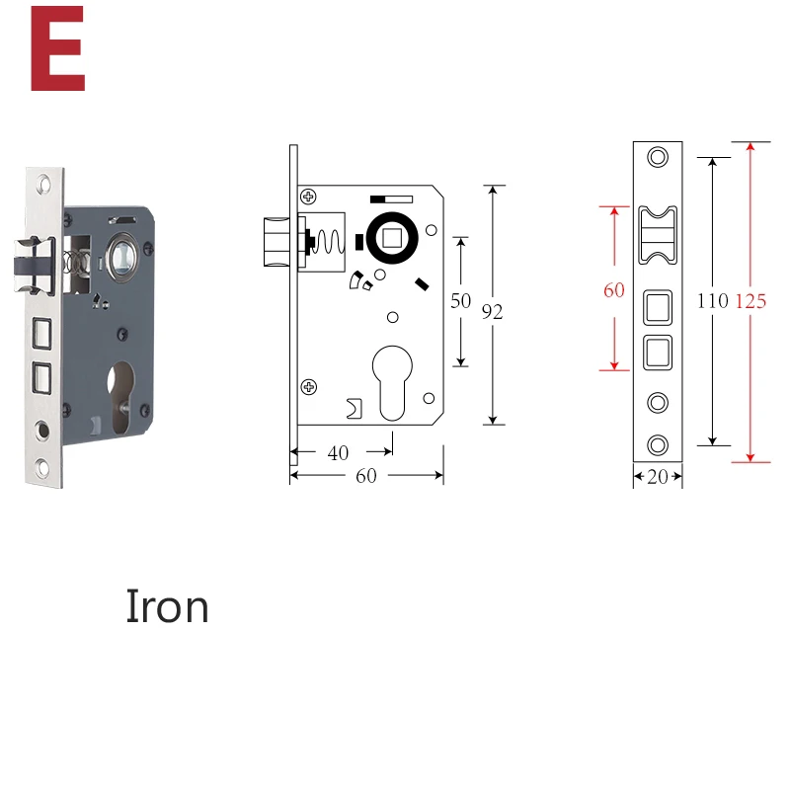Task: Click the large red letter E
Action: point(57,48)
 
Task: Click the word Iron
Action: point(167,606)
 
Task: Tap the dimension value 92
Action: point(492,312)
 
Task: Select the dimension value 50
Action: point(460,301)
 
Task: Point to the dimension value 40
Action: point(338,453)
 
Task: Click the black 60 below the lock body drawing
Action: point(365,476)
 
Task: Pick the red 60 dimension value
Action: point(613,290)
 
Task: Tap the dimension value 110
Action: point(712,301)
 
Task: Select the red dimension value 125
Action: point(750,301)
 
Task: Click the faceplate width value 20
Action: point(658,477)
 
